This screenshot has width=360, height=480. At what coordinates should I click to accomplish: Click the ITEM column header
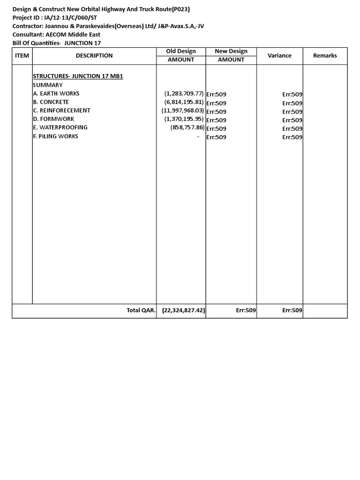click(x=22, y=55)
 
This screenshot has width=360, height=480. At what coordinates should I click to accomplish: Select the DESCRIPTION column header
click(x=94, y=55)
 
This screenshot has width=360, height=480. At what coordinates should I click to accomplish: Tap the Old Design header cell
click(x=181, y=51)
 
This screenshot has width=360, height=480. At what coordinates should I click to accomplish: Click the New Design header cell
click(x=231, y=51)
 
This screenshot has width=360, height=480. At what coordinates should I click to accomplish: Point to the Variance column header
click(x=279, y=55)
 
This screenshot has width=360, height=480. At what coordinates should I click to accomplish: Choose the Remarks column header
click(x=325, y=55)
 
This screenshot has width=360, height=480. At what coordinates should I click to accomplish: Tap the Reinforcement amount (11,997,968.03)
click(x=183, y=110)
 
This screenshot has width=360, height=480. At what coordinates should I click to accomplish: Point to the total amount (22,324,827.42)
click(x=184, y=310)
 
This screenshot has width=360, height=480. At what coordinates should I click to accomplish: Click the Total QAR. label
click(x=141, y=310)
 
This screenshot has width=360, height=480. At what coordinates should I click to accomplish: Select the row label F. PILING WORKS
click(x=56, y=136)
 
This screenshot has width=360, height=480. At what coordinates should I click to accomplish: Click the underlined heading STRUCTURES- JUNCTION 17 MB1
click(x=78, y=76)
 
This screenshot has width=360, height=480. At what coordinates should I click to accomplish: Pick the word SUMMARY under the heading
click(x=48, y=85)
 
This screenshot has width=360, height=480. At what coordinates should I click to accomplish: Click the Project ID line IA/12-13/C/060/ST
click(x=55, y=18)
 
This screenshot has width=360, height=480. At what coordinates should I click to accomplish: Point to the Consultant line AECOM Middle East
click(x=56, y=35)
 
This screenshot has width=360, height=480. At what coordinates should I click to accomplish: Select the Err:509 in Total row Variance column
click(x=292, y=310)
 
